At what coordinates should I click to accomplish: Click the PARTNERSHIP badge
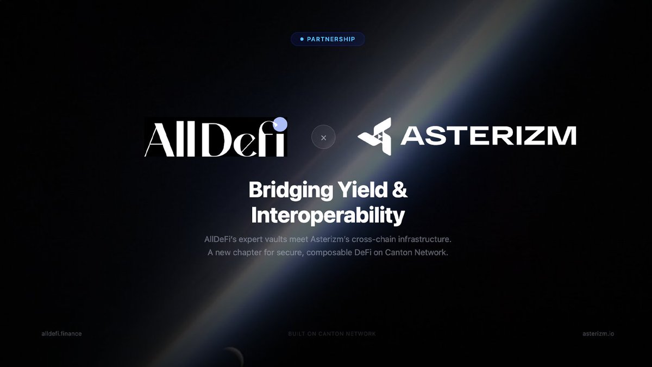click(328, 39)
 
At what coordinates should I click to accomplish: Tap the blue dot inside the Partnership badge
click(302, 39)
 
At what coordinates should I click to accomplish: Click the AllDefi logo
click(215, 137)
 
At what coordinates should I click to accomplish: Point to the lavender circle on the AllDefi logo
click(280, 125)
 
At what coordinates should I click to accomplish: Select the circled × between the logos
click(323, 138)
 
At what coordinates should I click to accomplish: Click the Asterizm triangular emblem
click(374, 135)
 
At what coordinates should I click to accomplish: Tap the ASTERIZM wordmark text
click(488, 136)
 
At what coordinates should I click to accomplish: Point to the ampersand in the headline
click(400, 191)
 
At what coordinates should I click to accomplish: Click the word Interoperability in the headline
click(328, 216)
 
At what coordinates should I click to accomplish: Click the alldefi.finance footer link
click(61, 333)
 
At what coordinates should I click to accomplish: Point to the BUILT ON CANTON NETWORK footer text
click(332, 333)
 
